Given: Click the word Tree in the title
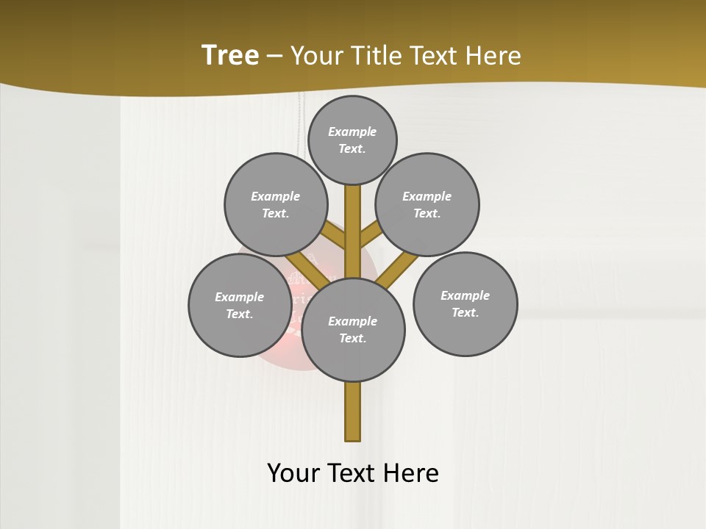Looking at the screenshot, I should coord(230,56).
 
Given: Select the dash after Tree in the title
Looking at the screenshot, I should coord(274,57).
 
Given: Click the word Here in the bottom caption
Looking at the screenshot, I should coord(412,473).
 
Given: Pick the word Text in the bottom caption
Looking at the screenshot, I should coord(352,473).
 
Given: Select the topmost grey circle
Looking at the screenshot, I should coord(352,140).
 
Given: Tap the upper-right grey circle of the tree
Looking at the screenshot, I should coord(427,204).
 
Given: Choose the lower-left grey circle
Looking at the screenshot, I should coord(240,305).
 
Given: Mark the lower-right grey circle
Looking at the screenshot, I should coord(465,303).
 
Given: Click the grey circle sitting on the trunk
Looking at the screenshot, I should coord(353,330).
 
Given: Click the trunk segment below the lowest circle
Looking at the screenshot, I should coord(352,411).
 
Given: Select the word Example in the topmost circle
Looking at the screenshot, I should coord(352,132).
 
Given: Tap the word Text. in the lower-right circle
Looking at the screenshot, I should coord(465,312).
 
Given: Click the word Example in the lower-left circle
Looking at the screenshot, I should coord(239,297).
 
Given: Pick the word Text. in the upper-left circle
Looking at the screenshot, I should coord(276,213).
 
